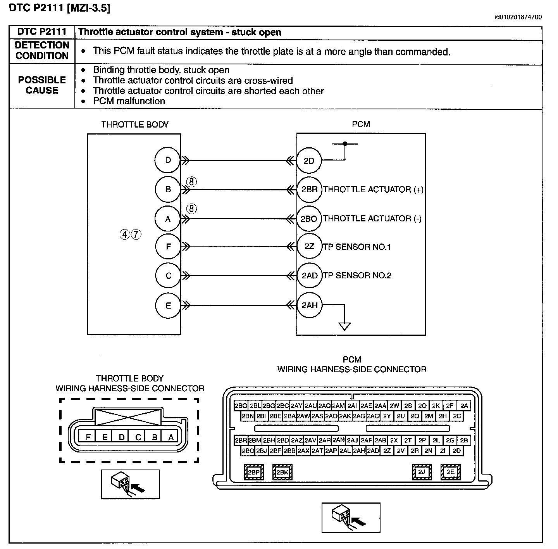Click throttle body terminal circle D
point(168,160)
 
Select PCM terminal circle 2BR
point(310,190)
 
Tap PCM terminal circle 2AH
point(310,305)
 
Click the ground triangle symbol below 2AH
point(344,326)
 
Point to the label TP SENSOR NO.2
point(357,275)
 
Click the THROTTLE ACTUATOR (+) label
point(373,190)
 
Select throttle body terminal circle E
point(168,306)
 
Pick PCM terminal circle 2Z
point(310,246)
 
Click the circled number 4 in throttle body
point(125,235)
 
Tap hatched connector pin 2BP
point(254,472)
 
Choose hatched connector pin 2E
point(450,472)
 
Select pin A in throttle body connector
point(171,437)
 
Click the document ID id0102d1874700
point(518,17)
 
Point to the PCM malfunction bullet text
point(129,101)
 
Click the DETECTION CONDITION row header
point(42,50)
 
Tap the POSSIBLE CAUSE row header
point(42,85)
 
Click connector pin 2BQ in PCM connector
point(241,406)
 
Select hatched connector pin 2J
point(422,472)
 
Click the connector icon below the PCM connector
point(351,518)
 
